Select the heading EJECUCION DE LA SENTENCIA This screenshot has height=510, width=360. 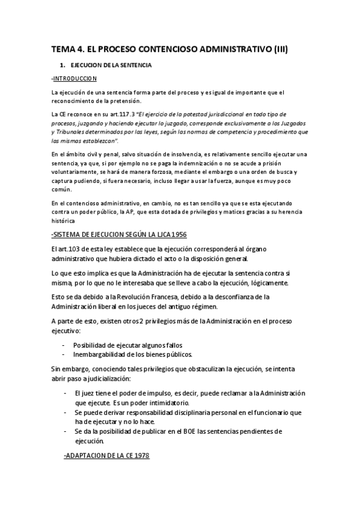(111, 64)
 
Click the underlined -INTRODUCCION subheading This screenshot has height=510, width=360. (75, 78)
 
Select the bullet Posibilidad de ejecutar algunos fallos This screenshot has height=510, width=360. (127, 345)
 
